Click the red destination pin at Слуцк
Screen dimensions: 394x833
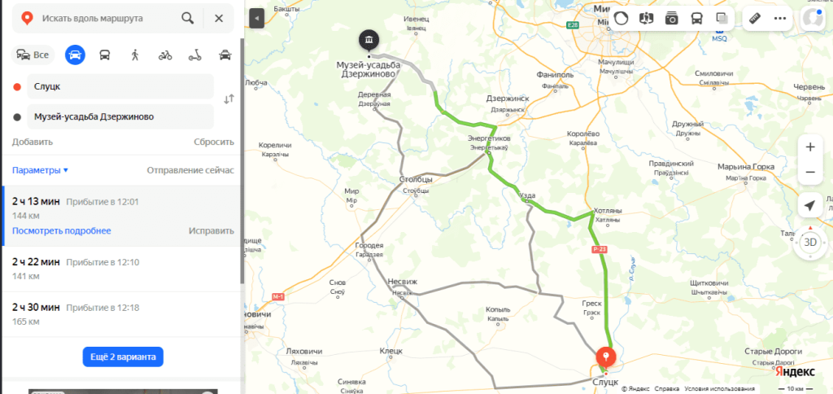click(606, 357)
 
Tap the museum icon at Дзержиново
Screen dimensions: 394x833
click(369, 40)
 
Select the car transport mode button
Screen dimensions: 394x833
click(75, 55)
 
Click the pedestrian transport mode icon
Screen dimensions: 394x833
click(134, 55)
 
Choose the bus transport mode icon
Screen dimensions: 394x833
click(105, 55)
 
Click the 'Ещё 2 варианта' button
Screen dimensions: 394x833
click(123, 357)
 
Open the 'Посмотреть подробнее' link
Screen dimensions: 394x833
click(62, 230)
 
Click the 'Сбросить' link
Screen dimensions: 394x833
click(213, 142)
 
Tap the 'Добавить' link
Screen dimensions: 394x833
click(33, 142)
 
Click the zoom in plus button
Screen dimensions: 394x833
click(809, 147)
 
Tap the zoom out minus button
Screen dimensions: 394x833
click(809, 173)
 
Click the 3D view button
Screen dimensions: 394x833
click(809, 242)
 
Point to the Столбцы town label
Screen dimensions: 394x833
click(415, 179)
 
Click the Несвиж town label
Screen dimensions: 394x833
click(403, 282)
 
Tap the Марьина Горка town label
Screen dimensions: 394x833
click(745, 167)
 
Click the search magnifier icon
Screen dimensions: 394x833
click(188, 18)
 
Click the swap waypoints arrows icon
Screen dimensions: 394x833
click(229, 99)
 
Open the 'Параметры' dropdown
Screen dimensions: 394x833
click(40, 170)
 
